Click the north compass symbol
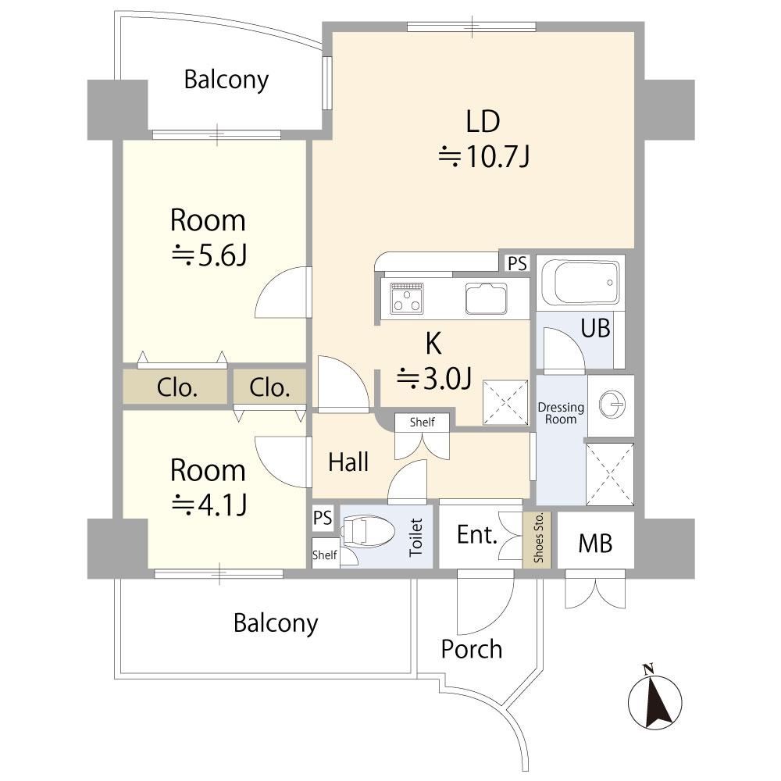coord(654,699)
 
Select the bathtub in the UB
coord(580,283)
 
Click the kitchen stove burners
coord(407,299)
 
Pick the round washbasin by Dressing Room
coord(612,404)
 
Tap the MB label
coord(595,543)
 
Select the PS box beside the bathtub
coord(518,262)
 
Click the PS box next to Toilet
coord(323,518)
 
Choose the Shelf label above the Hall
coord(422,423)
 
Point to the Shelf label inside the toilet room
coord(325,555)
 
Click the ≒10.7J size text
coord(483,157)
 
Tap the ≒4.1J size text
coord(209,505)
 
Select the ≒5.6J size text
coord(209,256)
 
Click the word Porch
coord(471,649)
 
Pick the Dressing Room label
coord(561,413)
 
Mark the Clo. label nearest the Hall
coord(269,388)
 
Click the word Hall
coord(348,462)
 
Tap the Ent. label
coord(477,535)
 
